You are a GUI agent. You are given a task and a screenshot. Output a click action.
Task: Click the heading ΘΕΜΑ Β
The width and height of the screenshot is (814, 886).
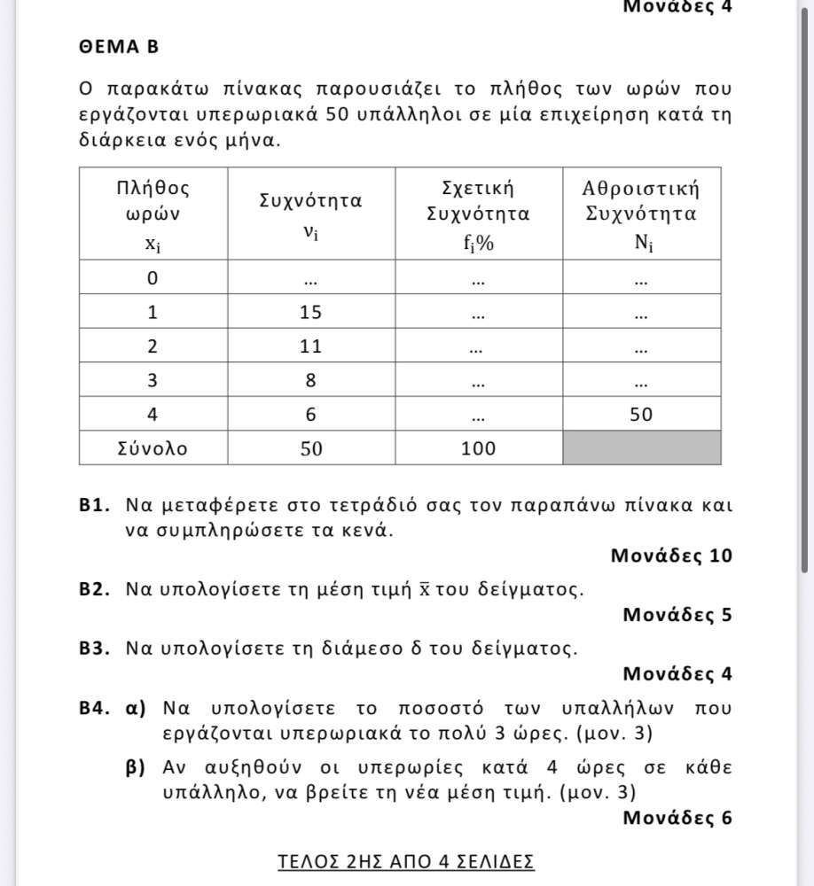point(118,47)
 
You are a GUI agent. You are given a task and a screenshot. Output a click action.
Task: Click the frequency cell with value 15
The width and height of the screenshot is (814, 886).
point(310,312)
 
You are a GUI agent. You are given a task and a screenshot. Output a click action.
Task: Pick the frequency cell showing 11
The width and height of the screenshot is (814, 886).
point(310,346)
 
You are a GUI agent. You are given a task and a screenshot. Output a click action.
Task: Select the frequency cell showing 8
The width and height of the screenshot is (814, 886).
point(310,380)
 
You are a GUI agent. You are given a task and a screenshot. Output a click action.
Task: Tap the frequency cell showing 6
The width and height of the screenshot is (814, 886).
point(310,414)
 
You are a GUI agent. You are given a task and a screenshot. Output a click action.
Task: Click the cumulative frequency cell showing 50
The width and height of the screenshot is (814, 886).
point(641,414)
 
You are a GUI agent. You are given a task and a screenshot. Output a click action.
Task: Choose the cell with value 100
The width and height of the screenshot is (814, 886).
point(478,448)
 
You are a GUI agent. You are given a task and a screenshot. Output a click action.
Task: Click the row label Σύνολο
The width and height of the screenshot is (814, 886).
point(153,448)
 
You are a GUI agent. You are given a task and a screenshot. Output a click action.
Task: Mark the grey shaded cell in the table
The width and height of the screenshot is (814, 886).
point(641,447)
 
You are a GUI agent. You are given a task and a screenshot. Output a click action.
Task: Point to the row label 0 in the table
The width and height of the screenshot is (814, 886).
point(153,278)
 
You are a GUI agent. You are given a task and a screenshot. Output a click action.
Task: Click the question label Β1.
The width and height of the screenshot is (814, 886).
point(93,507)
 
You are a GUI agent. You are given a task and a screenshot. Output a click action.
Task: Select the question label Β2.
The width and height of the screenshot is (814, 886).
point(93,589)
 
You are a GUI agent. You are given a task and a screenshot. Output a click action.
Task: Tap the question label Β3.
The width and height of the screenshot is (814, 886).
point(93,648)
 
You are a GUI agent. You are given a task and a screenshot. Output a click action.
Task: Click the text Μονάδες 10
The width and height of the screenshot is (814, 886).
point(671,556)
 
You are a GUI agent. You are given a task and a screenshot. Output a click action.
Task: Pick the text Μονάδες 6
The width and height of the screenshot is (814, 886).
point(677,818)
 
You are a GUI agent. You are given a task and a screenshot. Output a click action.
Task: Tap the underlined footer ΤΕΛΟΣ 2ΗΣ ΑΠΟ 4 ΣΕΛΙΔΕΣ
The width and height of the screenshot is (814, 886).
point(406,861)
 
